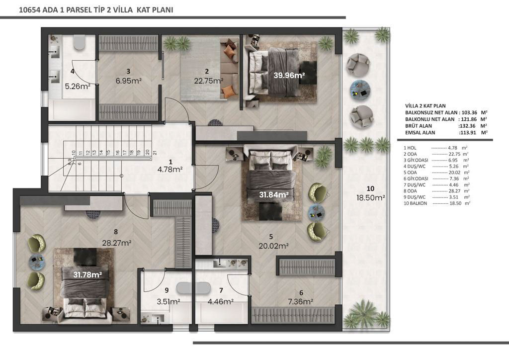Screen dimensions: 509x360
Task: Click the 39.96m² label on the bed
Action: [x=289, y=75]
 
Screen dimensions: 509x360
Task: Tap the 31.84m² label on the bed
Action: [x=274, y=195]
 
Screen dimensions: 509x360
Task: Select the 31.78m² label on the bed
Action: [x=87, y=274]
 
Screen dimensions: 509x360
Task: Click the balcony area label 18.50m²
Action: [x=371, y=198]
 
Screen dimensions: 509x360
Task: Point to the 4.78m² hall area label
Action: [x=170, y=169]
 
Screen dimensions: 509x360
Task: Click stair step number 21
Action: [x=155, y=152]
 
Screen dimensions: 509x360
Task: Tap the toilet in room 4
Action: [x=79, y=43]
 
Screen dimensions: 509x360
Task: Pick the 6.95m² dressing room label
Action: [x=129, y=81]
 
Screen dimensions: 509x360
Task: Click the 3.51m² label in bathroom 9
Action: [x=169, y=301]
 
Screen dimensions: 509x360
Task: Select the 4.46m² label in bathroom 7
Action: [x=221, y=301]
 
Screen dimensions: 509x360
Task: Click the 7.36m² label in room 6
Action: [x=301, y=302]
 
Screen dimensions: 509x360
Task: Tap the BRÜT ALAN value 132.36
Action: [x=468, y=126]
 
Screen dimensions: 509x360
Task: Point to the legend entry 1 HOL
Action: [x=410, y=148]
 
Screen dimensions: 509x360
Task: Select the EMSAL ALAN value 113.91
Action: [x=468, y=132]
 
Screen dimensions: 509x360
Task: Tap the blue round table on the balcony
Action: [x=360, y=90]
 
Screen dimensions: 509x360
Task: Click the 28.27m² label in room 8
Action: [x=116, y=243]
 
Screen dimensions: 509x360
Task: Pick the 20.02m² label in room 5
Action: [x=274, y=246]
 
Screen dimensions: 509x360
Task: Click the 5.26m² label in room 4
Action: [x=78, y=87]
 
